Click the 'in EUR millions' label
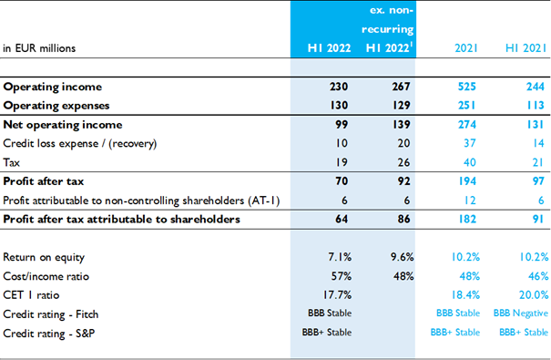coord(39,48)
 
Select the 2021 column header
coord(466,47)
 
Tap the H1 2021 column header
coord(525,47)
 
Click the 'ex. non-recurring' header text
coord(388,20)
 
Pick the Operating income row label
coord(52,87)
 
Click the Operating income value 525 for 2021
coord(466,87)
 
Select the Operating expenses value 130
coord(339,106)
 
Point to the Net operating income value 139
coord(402,125)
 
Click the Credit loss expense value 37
coord(469,143)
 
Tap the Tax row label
coord(11,162)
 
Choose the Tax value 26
coord(403,162)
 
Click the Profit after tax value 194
coord(467,181)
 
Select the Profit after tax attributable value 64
coord(342,219)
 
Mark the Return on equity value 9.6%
coord(402,257)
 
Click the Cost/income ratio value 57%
coord(342,276)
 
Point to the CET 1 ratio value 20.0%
coord(534,295)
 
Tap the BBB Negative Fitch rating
coord(521,314)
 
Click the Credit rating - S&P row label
coord(49,334)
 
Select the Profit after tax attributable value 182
coord(467,219)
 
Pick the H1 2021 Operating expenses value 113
coord(536,106)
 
